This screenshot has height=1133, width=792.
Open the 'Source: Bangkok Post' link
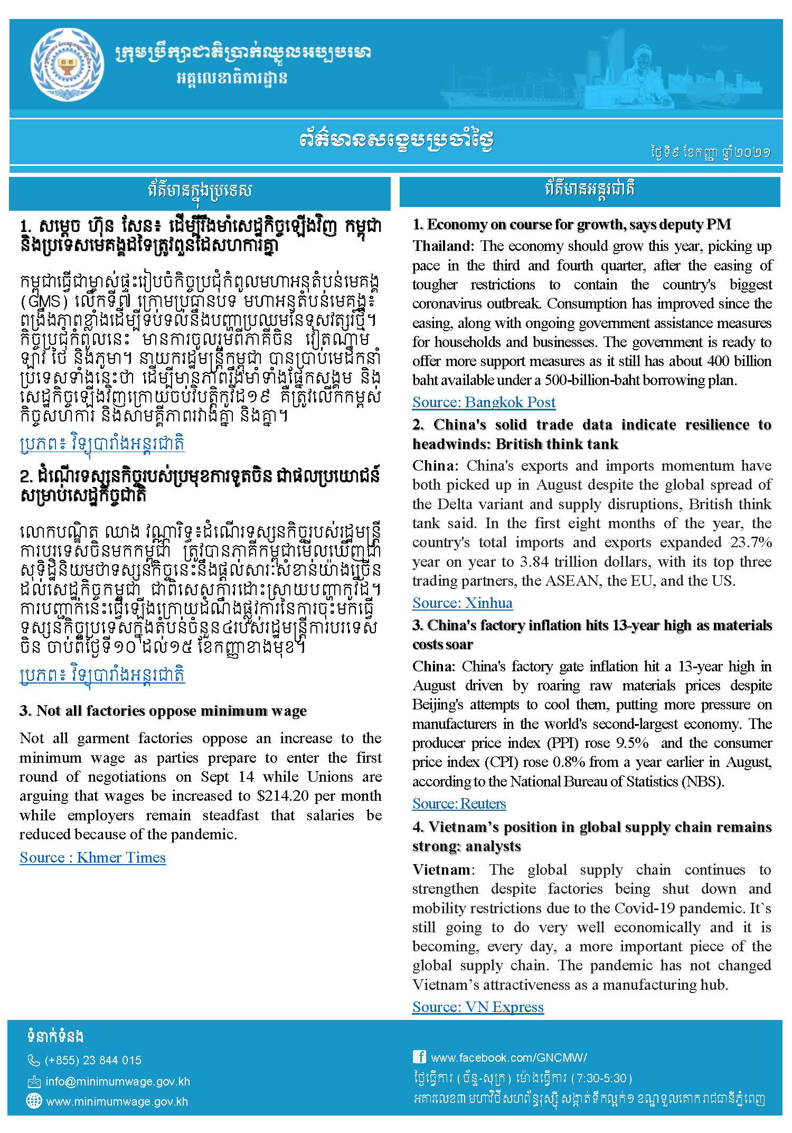tap(484, 402)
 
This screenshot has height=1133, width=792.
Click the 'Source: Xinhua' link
tap(462, 603)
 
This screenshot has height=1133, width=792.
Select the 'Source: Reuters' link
tap(459, 803)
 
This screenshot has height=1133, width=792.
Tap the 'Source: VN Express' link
tap(477, 1007)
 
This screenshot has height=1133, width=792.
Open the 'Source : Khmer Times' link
tap(92, 857)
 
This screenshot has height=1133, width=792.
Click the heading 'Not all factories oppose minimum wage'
tap(163, 711)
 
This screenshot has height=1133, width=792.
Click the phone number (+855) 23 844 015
tap(93, 1060)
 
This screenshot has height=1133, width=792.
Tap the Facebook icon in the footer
tap(419, 1056)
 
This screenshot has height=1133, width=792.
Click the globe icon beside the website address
tap(34, 1101)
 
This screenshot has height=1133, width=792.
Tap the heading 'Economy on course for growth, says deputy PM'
tap(572, 224)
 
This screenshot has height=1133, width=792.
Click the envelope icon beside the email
tap(34, 1082)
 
